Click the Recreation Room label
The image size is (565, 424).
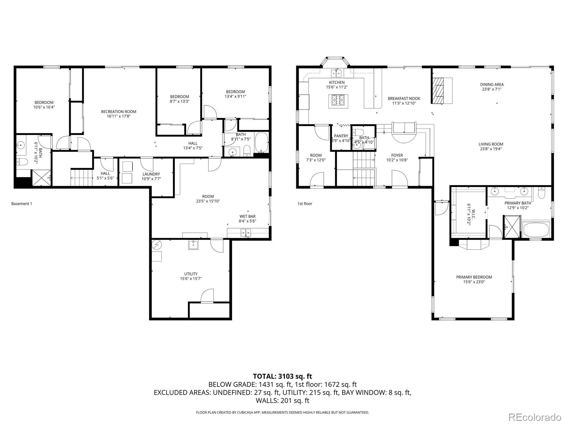(x=118, y=112)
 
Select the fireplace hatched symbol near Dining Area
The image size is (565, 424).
(x=440, y=90)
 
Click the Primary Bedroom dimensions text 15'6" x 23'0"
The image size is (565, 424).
(x=474, y=282)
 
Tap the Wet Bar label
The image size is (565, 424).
(x=247, y=216)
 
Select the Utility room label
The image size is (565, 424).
(x=191, y=274)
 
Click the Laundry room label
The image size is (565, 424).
(x=151, y=174)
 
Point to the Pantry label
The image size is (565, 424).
(x=341, y=136)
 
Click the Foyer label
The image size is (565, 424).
(x=397, y=155)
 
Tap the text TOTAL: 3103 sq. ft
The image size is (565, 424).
(x=282, y=376)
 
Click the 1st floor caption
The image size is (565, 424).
(x=305, y=204)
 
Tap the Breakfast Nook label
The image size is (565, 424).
(x=404, y=99)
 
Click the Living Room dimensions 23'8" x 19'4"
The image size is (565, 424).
(x=491, y=149)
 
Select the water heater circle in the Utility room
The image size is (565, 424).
(x=157, y=244)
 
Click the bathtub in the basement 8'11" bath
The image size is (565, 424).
(x=261, y=142)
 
